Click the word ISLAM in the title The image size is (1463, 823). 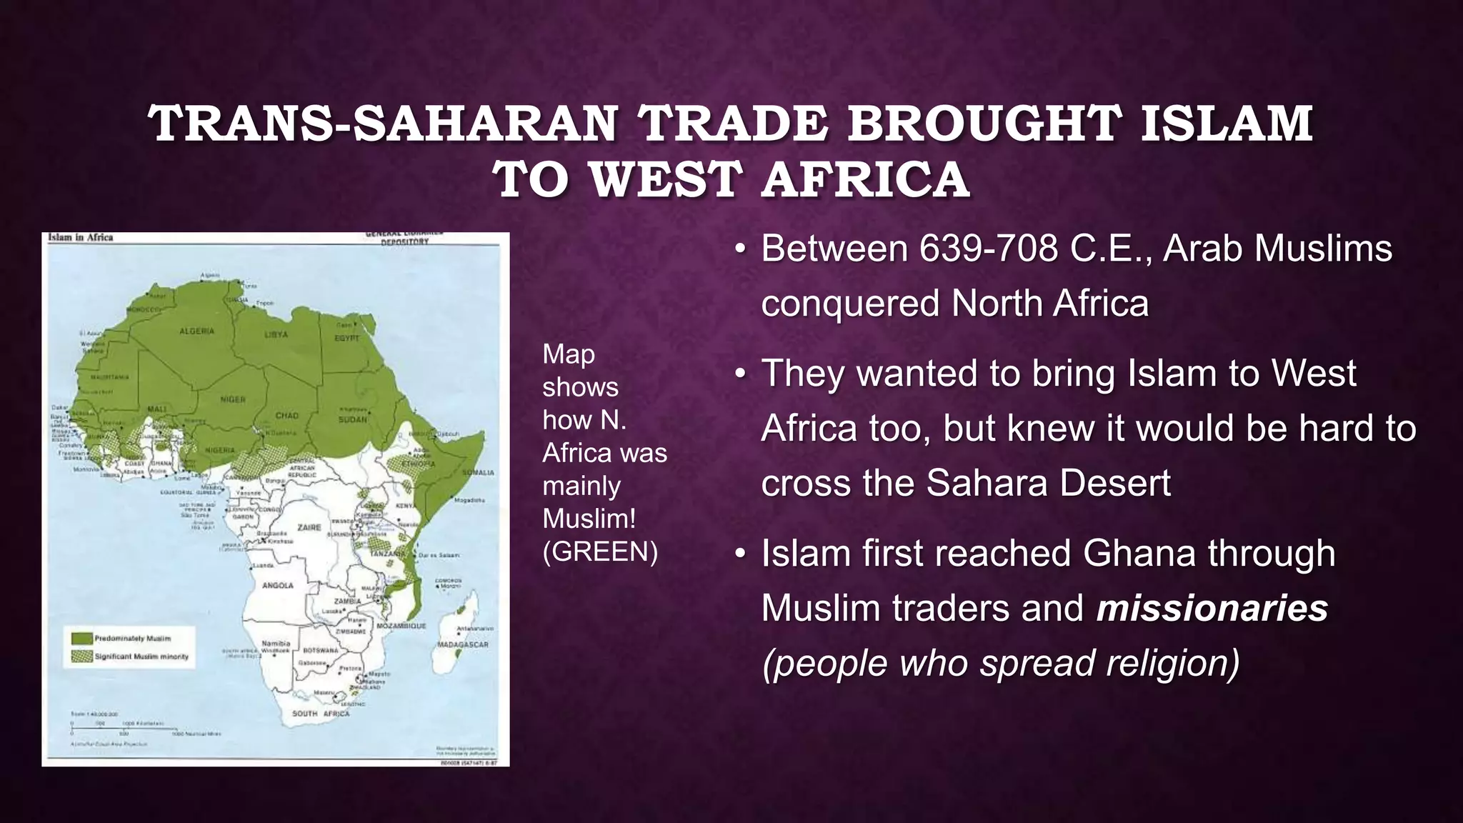coord(1226,123)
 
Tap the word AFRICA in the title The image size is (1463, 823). coord(865,179)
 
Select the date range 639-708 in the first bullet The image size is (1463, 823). coord(989,249)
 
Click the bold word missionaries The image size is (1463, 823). coord(1212,609)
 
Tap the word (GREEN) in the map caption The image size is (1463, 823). coord(600,552)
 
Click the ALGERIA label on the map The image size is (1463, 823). coord(196,331)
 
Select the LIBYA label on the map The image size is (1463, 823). coord(276,334)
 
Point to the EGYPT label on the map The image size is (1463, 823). coord(347,338)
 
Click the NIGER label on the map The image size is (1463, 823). coord(233,400)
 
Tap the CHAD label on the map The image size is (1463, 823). coord(287,415)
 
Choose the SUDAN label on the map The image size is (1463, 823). coord(353,419)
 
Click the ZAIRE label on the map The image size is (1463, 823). coord(309,527)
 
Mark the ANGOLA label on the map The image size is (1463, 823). coord(278,585)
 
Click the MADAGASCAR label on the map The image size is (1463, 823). coord(463,644)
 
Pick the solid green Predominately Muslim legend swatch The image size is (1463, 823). coord(82,638)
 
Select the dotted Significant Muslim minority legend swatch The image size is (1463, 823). coord(82,656)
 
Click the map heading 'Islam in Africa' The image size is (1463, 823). coord(81,237)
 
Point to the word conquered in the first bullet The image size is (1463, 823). coord(850,304)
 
